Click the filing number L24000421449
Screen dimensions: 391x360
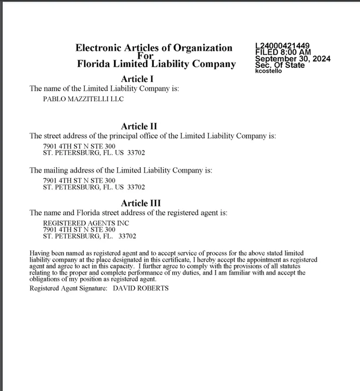(283, 46)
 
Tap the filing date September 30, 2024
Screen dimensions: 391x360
(292, 59)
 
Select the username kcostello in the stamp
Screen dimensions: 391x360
(268, 71)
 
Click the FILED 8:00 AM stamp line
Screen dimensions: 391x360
(282, 52)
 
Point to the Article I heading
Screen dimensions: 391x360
(137, 79)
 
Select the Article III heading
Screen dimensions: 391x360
(141, 204)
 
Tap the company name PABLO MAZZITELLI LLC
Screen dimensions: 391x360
(83, 99)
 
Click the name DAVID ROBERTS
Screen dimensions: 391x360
(141, 288)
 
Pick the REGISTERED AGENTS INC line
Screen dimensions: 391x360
(86, 223)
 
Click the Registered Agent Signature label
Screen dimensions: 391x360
(68, 288)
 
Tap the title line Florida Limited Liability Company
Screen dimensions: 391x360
(156, 64)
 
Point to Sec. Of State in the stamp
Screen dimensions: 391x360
(280, 65)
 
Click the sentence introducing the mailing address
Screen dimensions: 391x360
(121, 171)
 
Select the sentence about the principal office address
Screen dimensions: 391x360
(153, 136)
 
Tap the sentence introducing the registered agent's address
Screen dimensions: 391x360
(128, 213)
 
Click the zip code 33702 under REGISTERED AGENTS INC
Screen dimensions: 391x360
(127, 236)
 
